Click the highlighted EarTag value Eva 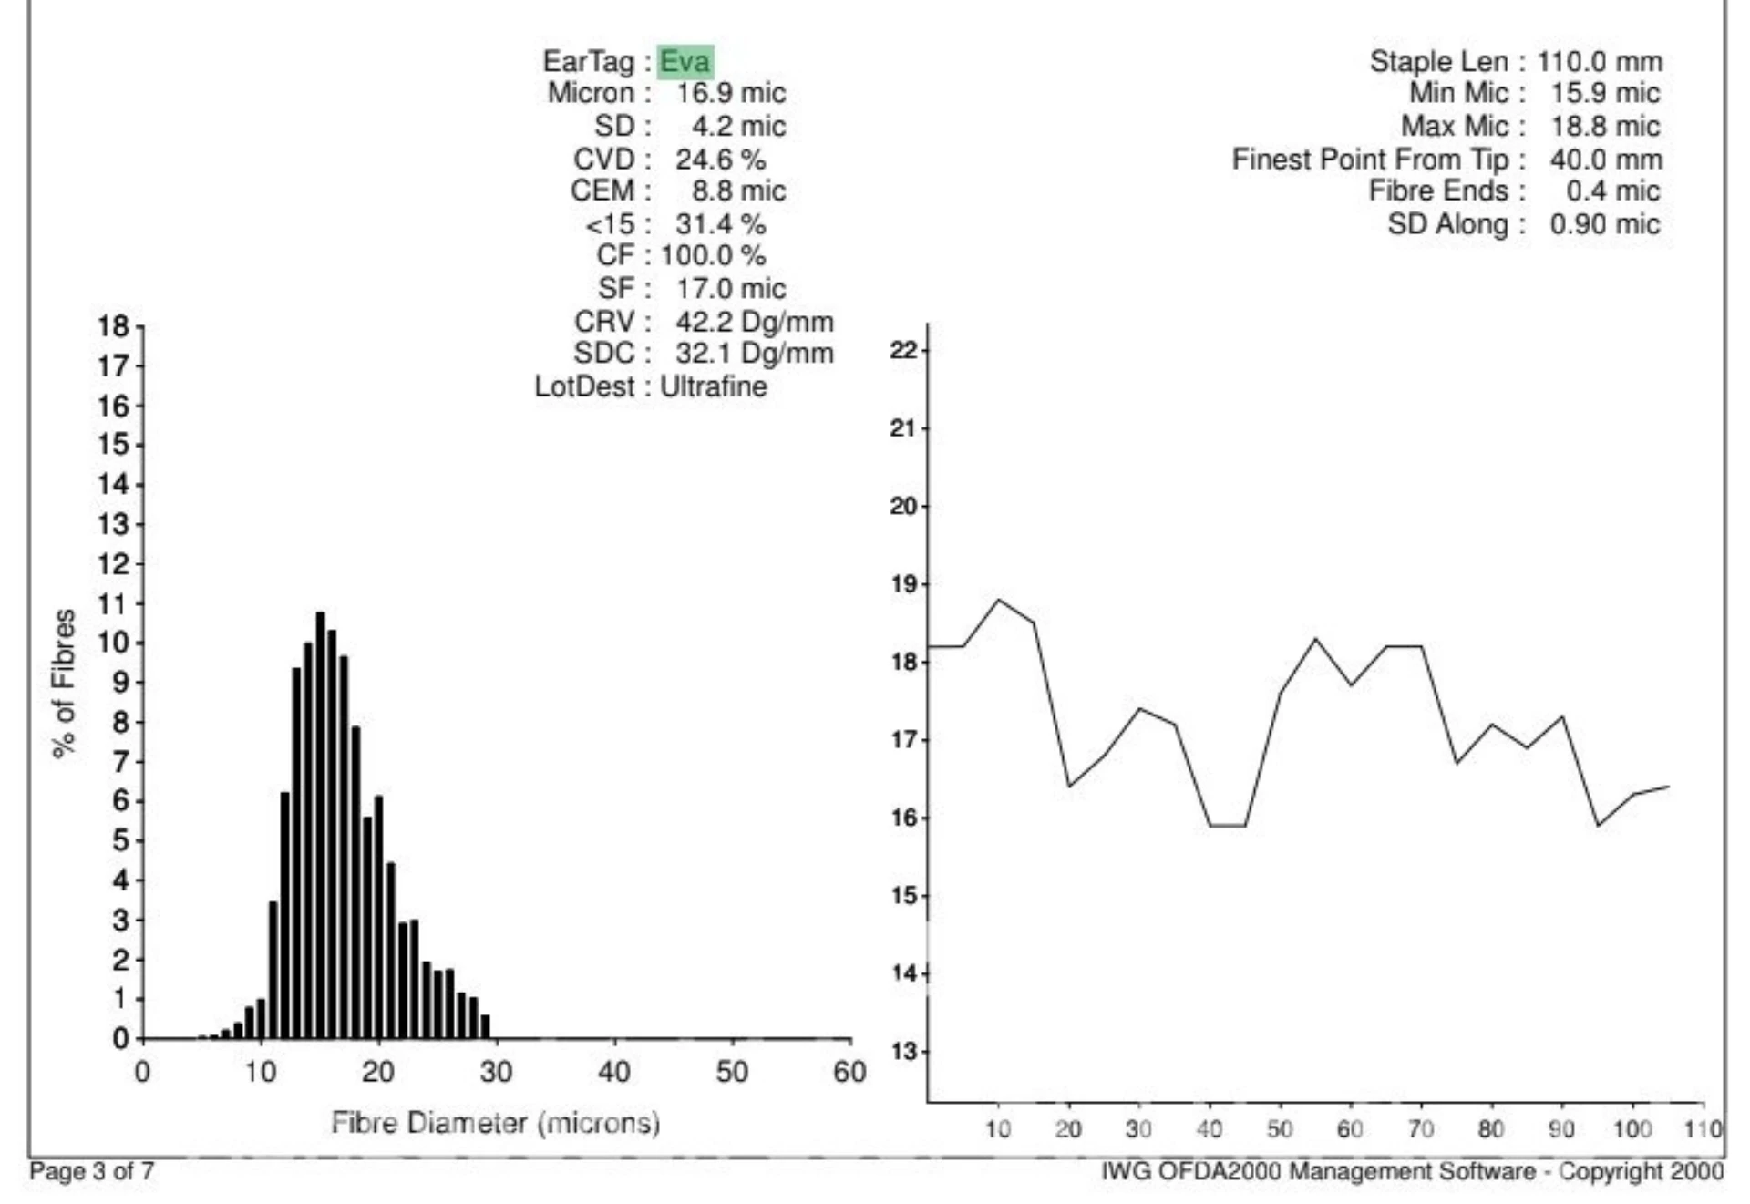coord(684,61)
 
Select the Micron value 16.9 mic coord(730,93)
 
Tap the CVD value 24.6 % coord(720,159)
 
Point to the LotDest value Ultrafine coord(713,386)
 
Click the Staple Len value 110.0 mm coord(1600,61)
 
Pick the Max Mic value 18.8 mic coord(1605,126)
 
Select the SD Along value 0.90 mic coord(1605,224)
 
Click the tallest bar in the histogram coord(320,820)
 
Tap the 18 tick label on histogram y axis coord(114,326)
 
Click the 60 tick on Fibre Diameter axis coord(849,1072)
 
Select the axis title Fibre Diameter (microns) coord(495,1122)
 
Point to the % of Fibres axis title coord(64,684)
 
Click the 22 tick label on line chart coord(903,350)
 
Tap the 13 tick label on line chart coord(903,1052)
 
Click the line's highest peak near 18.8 coord(1000,600)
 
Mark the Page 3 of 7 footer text coord(91,1171)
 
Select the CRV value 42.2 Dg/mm coord(754,322)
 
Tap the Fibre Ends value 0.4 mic coord(1612,191)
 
